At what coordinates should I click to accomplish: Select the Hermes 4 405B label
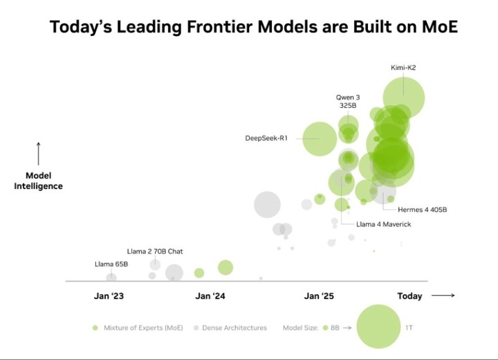tap(422, 209)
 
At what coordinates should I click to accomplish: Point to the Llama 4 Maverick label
tap(384, 224)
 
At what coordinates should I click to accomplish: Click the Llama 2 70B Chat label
tap(155, 251)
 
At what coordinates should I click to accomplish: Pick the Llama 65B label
tap(111, 264)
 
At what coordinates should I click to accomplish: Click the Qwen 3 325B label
tap(348, 102)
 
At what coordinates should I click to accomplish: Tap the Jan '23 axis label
tap(109, 296)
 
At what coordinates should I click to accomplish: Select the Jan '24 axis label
tap(210, 296)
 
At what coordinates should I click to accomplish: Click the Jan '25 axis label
tap(319, 296)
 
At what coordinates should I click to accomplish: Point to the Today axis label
tap(409, 296)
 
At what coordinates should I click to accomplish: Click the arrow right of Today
tap(443, 296)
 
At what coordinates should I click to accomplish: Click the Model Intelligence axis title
tap(39, 181)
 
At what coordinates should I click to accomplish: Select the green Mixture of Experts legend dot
tap(95, 327)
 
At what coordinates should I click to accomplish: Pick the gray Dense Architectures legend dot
tap(196, 327)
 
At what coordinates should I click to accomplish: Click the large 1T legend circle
tap(378, 327)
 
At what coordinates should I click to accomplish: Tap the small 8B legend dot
tap(324, 327)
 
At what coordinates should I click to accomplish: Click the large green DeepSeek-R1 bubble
tap(320, 138)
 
